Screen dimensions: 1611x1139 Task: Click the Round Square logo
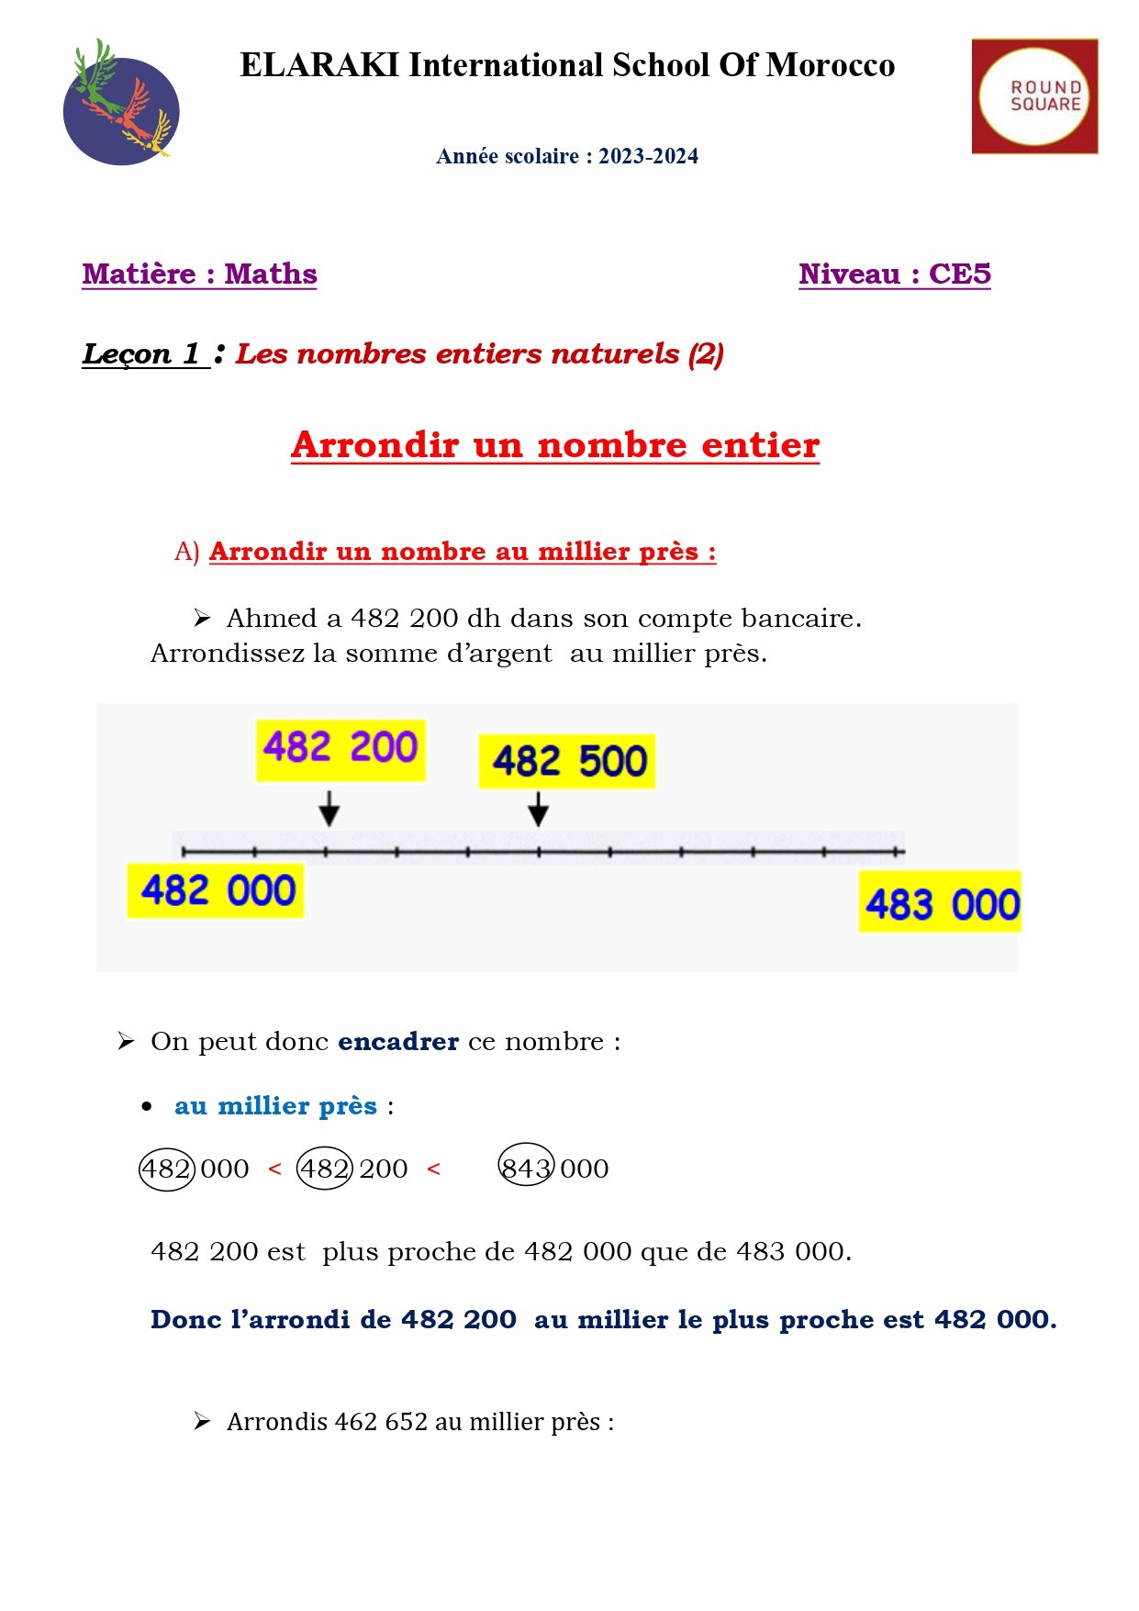1034,96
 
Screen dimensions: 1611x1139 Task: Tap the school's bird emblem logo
121,103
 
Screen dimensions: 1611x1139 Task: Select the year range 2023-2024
648,156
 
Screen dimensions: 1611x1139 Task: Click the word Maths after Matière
271,274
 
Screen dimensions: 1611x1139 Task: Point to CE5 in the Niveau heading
960,274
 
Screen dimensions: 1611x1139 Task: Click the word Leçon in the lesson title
127,353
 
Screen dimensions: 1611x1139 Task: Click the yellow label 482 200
341,748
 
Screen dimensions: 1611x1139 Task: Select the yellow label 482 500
568,761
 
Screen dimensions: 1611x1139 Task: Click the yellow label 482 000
217,890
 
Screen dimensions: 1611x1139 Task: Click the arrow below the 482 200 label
329,809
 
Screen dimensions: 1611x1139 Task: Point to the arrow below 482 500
539,809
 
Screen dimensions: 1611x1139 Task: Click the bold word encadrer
398,1042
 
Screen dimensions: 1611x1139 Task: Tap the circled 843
526,1167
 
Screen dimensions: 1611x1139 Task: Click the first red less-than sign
274,1169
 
